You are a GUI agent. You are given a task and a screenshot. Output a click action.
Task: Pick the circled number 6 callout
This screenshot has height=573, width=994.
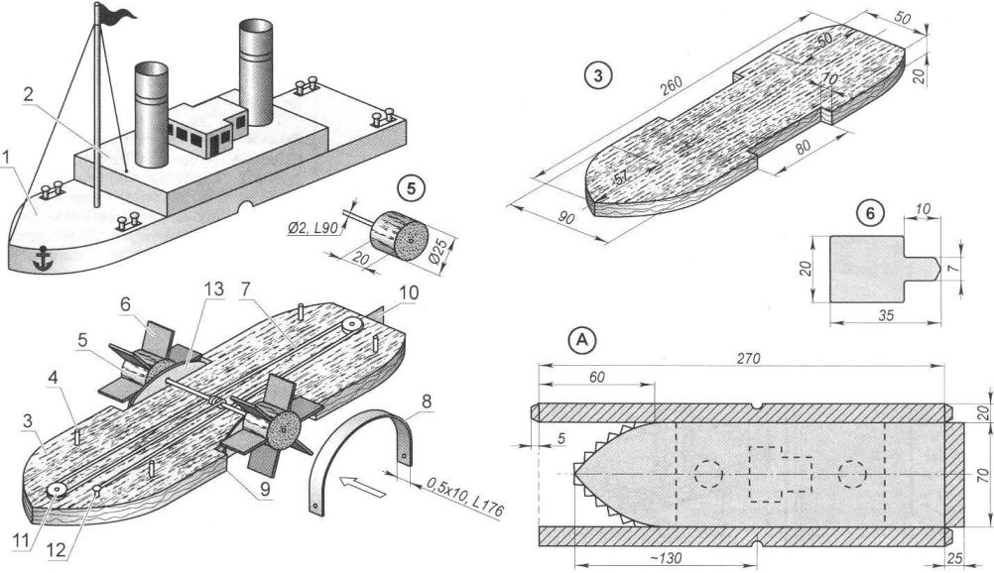tap(869, 211)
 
